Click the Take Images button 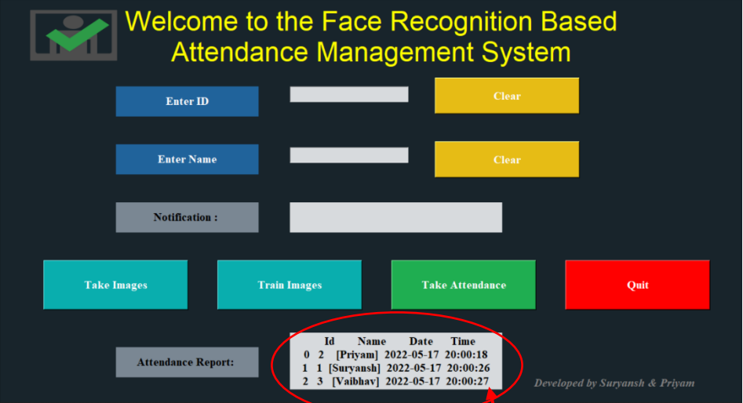[x=115, y=285]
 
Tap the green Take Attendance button [x=464, y=285]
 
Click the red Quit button [x=637, y=285]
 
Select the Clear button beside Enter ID [x=507, y=96]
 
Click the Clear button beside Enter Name [x=507, y=159]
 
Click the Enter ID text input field [x=349, y=94]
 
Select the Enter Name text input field [x=349, y=155]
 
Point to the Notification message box [x=395, y=217]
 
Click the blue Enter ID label [x=188, y=101]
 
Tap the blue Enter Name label [x=188, y=159]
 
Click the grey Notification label [x=188, y=217]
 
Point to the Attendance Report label [x=188, y=362]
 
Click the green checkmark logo [x=77, y=34]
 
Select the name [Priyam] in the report [x=357, y=354]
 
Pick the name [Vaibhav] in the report [x=355, y=381]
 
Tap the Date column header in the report [x=421, y=341]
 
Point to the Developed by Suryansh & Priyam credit [x=614, y=383]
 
